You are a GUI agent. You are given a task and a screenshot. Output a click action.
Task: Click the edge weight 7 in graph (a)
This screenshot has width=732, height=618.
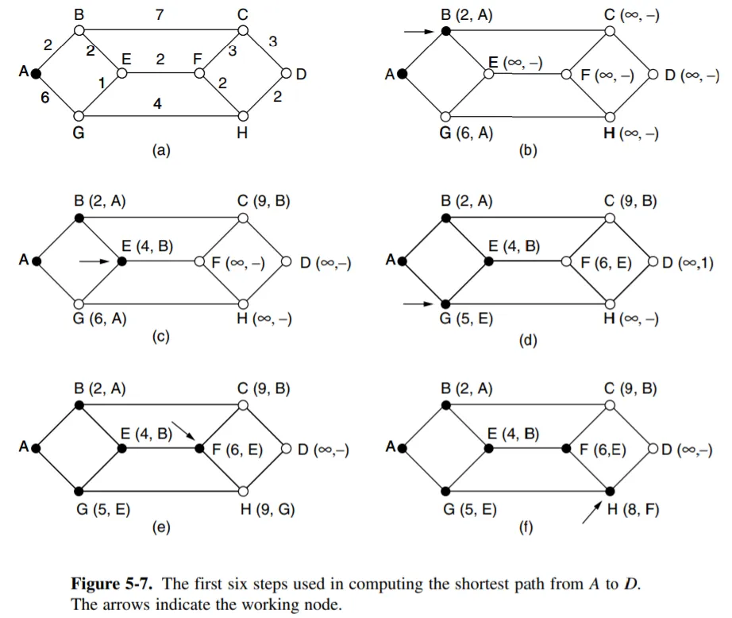162,15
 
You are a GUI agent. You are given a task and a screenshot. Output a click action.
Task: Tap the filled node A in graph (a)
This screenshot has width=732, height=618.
35,74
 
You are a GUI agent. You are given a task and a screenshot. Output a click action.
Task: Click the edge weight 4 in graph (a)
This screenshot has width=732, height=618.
158,103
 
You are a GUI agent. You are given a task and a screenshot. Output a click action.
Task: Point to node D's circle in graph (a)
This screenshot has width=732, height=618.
287,75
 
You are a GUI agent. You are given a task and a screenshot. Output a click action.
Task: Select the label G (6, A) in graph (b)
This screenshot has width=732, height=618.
466,133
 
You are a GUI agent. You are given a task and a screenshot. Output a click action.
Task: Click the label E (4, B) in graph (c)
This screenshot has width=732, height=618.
147,246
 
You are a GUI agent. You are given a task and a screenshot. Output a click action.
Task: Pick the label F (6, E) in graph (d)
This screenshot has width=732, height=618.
606,262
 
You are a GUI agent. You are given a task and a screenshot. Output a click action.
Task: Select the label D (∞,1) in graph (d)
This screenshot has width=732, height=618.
688,262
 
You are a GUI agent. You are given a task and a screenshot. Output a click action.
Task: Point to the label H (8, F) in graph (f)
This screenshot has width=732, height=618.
634,510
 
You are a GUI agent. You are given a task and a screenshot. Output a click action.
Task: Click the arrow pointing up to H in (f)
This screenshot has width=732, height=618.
590,512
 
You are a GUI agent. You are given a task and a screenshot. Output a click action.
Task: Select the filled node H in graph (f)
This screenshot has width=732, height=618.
610,491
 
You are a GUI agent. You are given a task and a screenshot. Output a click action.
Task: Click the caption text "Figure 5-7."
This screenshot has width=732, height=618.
114,584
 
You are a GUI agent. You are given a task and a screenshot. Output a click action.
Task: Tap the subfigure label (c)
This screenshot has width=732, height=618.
161,338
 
